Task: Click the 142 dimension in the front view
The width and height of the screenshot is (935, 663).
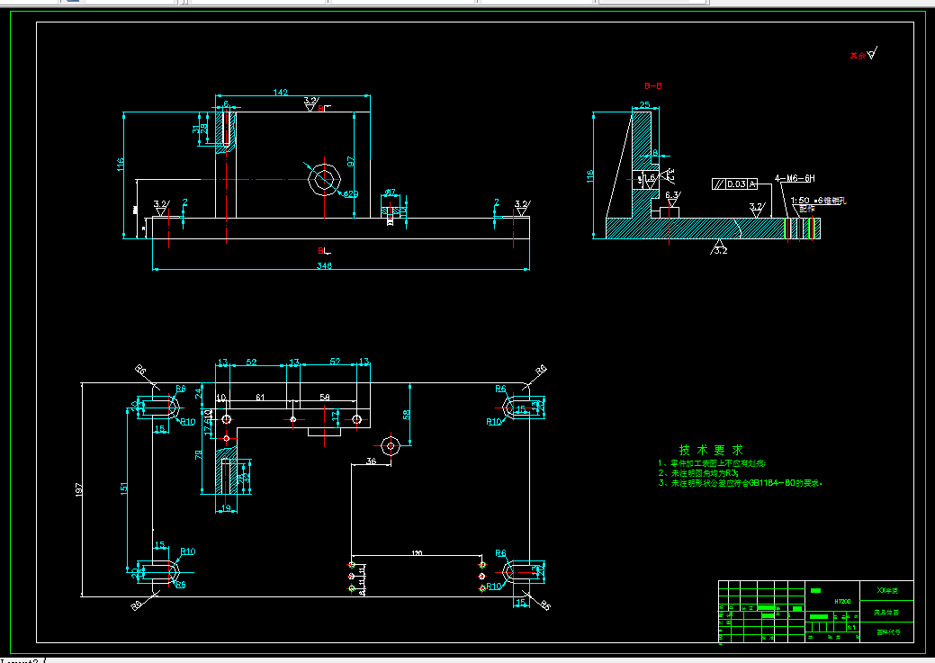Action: coord(280,92)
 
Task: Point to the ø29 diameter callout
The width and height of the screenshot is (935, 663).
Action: coord(350,193)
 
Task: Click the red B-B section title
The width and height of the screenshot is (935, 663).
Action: coord(653,85)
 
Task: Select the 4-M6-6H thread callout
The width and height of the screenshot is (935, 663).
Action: coord(795,179)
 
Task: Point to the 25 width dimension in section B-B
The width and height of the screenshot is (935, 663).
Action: coord(645,104)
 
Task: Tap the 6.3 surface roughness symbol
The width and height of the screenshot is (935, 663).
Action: coord(672,194)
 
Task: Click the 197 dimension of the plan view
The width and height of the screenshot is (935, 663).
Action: coord(78,488)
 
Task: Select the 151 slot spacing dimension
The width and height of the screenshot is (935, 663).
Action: coord(124,488)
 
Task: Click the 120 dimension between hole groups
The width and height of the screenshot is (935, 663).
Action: coord(417,551)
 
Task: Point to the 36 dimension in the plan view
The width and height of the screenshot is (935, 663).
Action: coord(372,461)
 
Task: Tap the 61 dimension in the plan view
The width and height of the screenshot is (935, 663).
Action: coord(260,397)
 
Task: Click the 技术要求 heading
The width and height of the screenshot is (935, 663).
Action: coord(711,449)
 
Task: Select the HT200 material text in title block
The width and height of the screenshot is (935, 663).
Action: coord(842,600)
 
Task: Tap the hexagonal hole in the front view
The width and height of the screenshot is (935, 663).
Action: coord(323,178)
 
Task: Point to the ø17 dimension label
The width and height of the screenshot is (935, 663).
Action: coord(391,192)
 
